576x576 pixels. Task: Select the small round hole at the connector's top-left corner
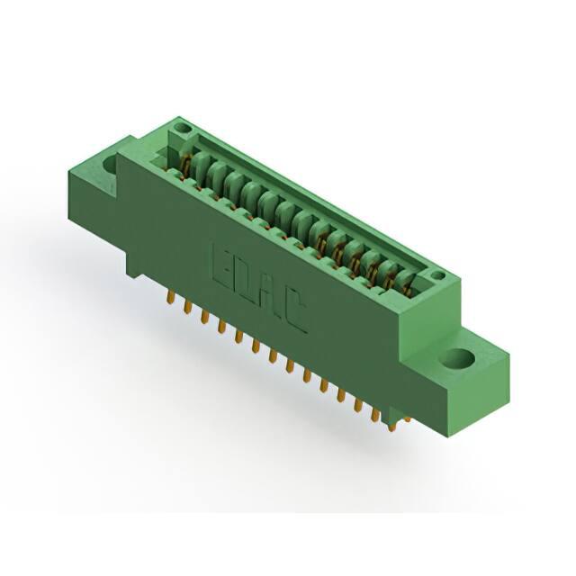click(182, 128)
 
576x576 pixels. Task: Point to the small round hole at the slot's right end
click(437, 275)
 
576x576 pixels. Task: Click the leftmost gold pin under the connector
click(170, 297)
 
